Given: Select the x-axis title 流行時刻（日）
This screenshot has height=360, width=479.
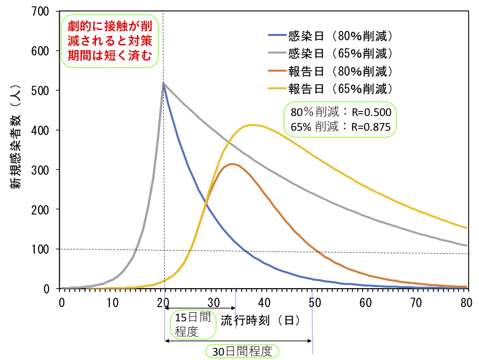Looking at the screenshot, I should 260,320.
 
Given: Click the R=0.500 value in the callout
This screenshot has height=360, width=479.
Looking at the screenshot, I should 371,113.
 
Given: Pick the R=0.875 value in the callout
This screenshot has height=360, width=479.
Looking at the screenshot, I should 371,127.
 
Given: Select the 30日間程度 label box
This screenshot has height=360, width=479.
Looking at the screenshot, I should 242,351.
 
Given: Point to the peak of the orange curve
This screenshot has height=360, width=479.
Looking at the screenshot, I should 233,164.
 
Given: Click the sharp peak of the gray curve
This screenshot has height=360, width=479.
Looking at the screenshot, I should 163,83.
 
